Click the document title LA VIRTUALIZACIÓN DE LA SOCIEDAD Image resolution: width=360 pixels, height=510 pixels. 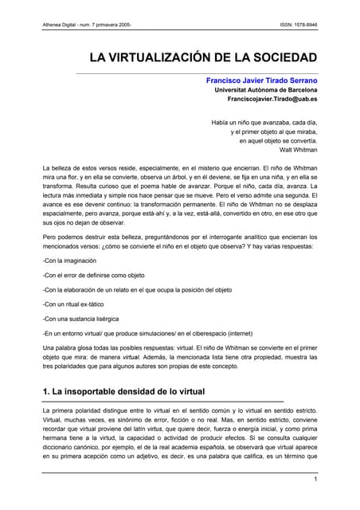[203, 58]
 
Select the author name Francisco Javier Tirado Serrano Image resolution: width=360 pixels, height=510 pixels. [261, 80]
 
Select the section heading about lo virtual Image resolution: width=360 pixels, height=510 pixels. [123, 391]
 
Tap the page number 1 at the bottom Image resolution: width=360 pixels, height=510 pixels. [315, 479]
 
